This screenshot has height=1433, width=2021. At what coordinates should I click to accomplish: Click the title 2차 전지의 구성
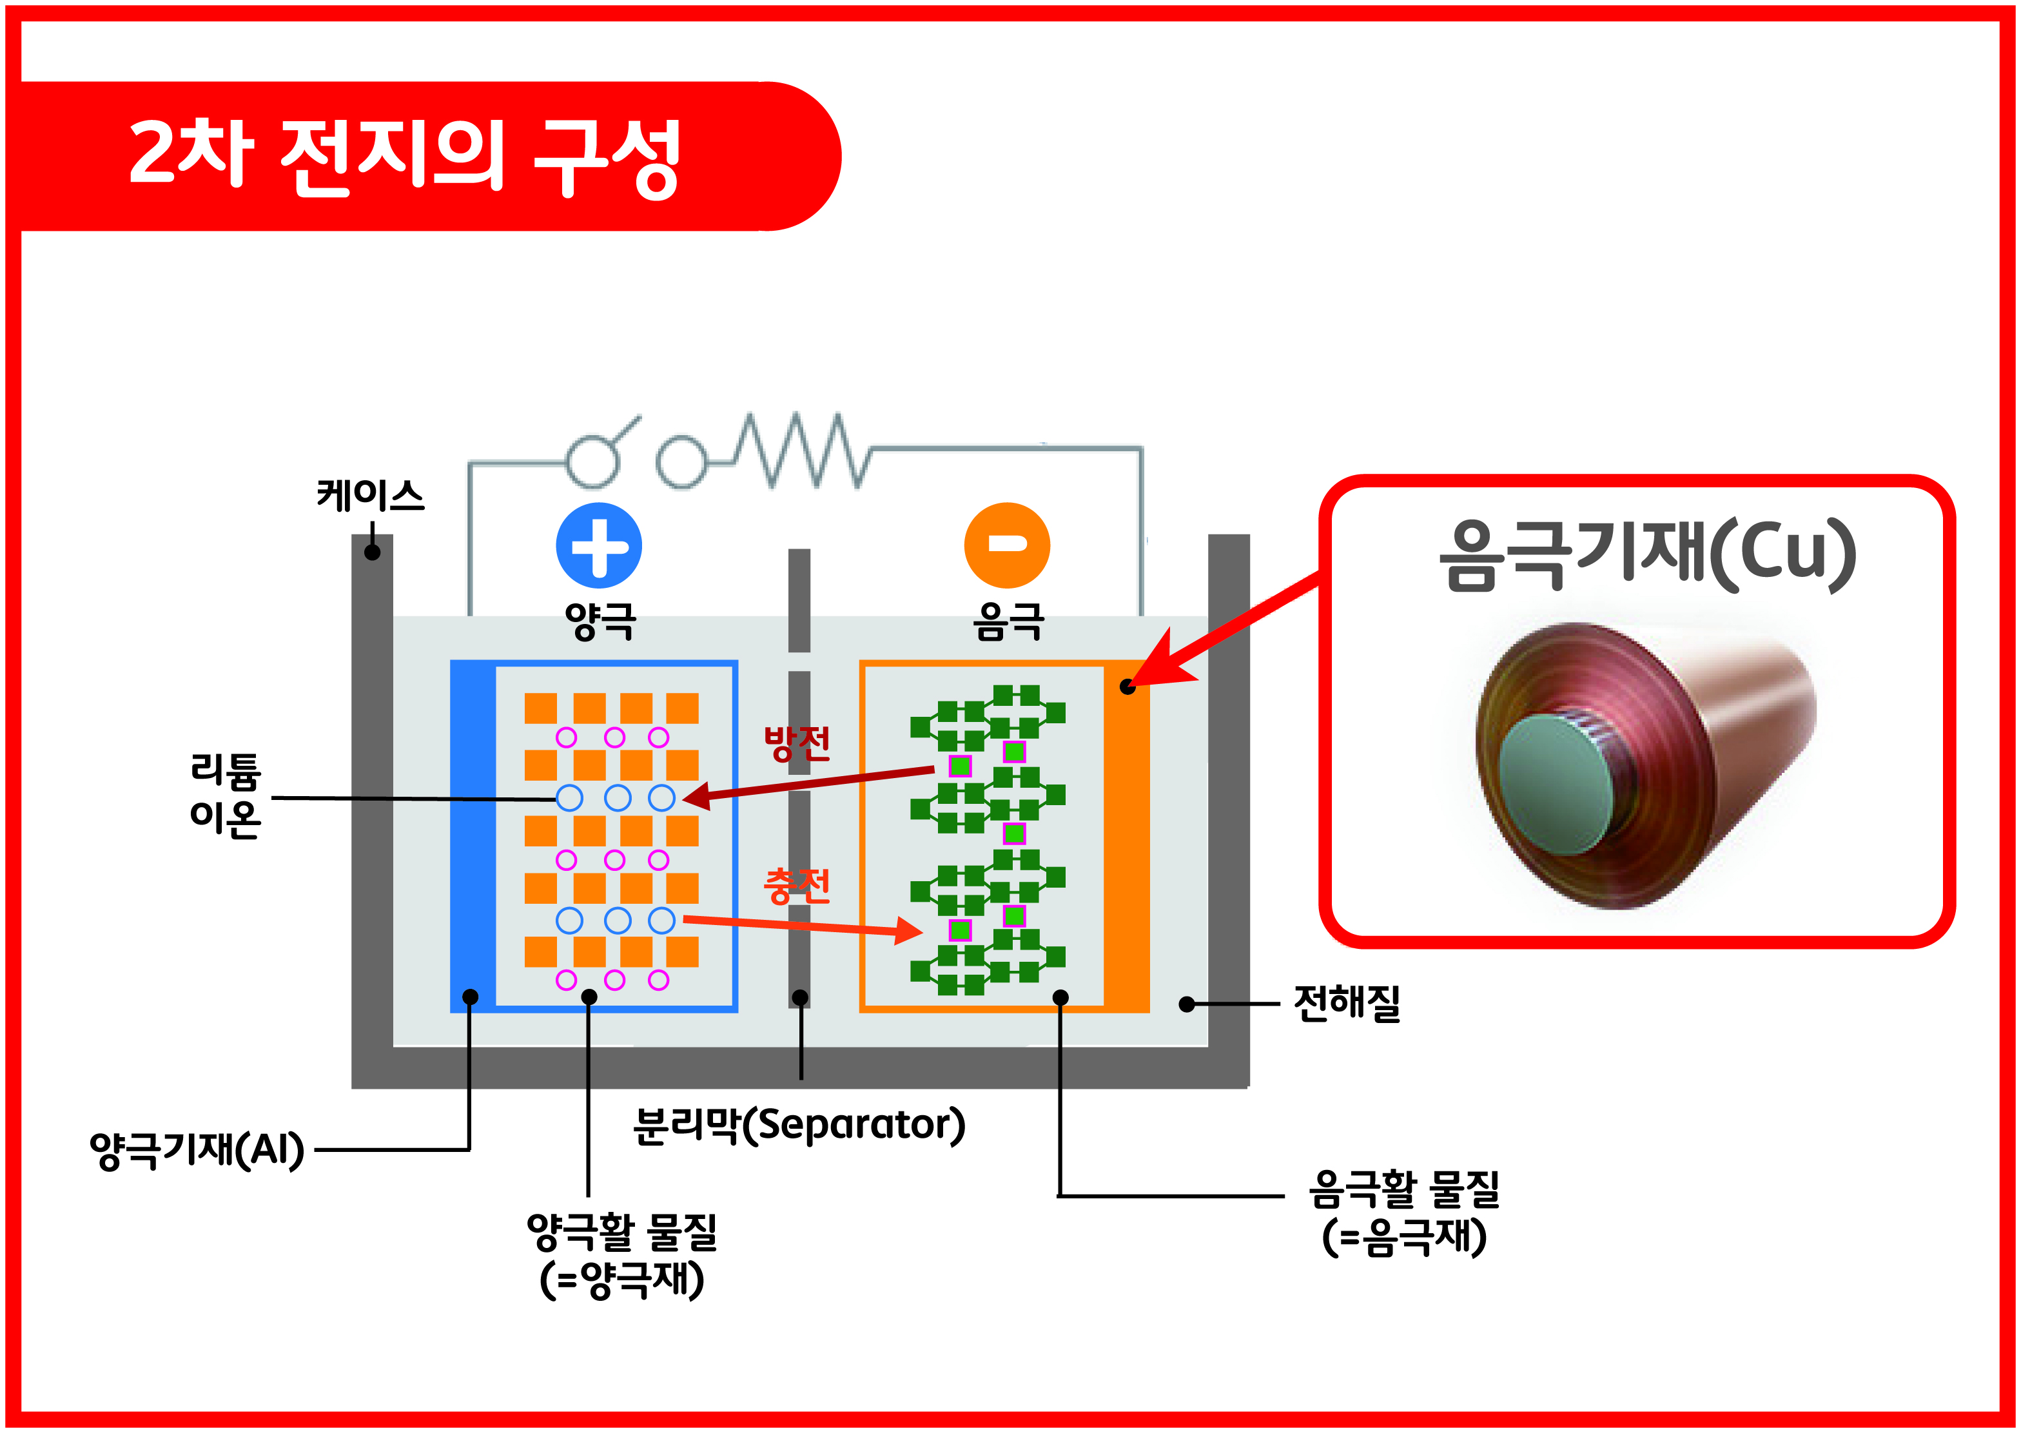[404, 157]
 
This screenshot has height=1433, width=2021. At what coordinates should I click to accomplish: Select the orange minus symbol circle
[1007, 545]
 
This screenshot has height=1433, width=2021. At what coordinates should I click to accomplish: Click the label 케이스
[371, 495]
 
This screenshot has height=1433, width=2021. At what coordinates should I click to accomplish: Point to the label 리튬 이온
[225, 795]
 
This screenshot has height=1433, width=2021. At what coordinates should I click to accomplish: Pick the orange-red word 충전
[797, 885]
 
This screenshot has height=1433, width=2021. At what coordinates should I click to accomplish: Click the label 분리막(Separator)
[799, 1125]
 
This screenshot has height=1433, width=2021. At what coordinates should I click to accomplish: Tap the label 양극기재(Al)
[197, 1150]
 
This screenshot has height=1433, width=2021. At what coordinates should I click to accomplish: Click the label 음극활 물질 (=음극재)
[1404, 1211]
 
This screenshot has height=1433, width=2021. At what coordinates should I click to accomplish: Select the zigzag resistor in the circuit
[799, 450]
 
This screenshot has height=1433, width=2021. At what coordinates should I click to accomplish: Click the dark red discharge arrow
[808, 784]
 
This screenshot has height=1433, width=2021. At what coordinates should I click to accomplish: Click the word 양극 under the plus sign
[600, 621]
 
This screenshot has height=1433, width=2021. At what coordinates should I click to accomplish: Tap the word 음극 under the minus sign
[1008, 621]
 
